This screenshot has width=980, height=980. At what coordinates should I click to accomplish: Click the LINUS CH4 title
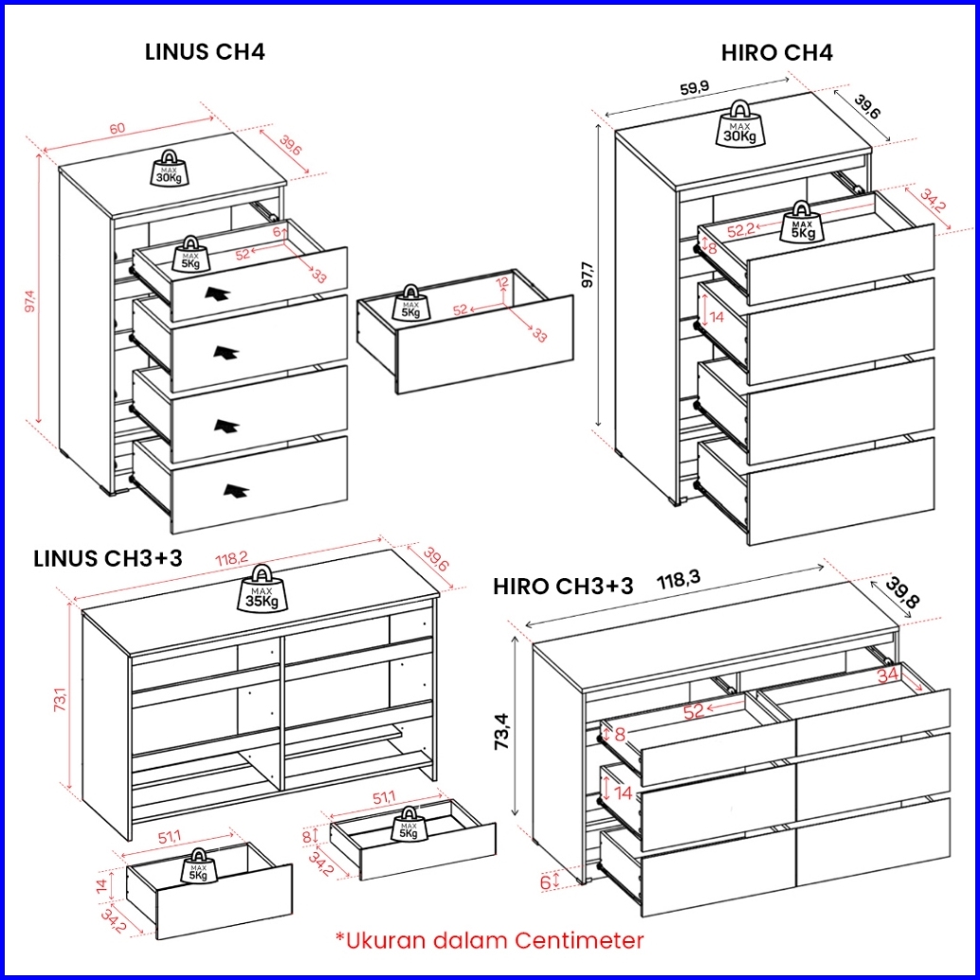(x=205, y=52)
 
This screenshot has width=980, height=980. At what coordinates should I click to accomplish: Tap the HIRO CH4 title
(x=777, y=53)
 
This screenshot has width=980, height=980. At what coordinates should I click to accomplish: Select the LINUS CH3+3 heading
(x=108, y=558)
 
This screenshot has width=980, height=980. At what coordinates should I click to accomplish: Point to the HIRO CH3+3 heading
(x=563, y=587)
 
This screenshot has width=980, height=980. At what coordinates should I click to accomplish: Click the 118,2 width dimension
(x=231, y=561)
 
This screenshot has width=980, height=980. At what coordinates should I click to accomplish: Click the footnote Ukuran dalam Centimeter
(x=489, y=940)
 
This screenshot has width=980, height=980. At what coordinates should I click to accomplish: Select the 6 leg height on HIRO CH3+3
(x=545, y=881)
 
